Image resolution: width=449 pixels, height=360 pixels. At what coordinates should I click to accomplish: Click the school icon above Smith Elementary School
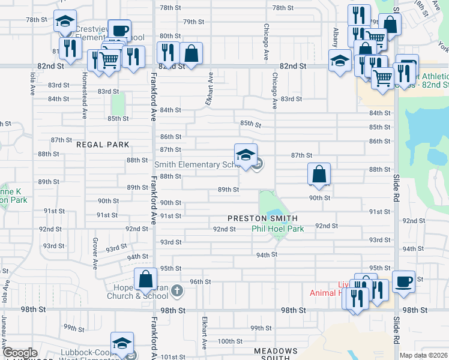point(246,155)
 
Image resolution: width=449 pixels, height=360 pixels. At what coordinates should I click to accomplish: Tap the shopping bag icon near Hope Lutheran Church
point(146,279)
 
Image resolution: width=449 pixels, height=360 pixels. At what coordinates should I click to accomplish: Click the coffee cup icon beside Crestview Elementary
point(119,30)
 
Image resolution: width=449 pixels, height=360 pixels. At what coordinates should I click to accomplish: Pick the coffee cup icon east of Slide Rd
point(403,281)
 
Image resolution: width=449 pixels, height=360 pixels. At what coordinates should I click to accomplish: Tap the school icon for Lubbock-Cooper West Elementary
point(122,343)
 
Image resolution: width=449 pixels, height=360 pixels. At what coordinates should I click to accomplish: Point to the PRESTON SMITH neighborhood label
point(263,218)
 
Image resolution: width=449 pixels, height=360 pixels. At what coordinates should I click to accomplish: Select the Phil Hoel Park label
point(278,229)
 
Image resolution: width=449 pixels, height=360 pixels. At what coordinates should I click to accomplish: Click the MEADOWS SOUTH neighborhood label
point(276,354)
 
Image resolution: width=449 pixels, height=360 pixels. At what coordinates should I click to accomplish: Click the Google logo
point(20,353)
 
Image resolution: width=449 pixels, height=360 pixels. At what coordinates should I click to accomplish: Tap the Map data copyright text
point(424,355)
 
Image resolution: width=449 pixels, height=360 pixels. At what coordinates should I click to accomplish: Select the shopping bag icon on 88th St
point(319,174)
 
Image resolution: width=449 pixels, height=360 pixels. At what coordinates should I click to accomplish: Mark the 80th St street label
point(170,36)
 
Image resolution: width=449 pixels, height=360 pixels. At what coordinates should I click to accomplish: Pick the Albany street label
point(336,37)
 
